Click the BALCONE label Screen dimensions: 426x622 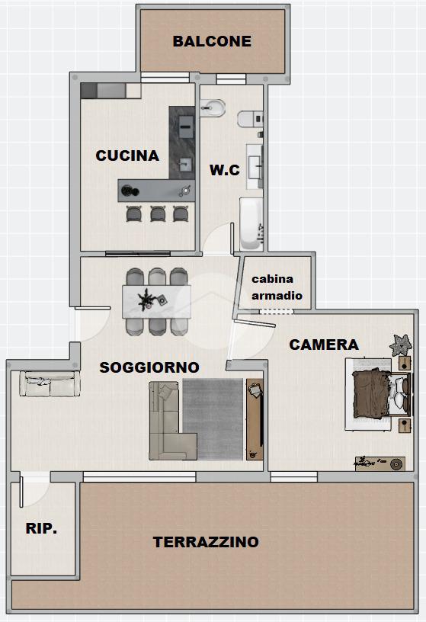212,41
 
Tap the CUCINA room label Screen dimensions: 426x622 127,155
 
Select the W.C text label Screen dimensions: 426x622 225,170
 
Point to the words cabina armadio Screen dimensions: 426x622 277,287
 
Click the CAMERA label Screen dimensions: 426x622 324,345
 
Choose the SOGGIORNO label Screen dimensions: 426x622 149,367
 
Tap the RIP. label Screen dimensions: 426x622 41,528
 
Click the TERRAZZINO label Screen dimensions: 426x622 206,542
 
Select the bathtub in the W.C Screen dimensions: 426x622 251,224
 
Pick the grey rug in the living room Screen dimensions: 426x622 213,419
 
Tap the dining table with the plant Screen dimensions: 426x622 157,302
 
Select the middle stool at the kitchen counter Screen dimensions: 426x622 158,214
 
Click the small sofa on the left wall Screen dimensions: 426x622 50,383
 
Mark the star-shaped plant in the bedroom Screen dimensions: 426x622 401,345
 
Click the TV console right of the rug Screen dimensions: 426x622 255,419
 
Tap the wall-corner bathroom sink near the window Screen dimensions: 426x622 212,107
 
